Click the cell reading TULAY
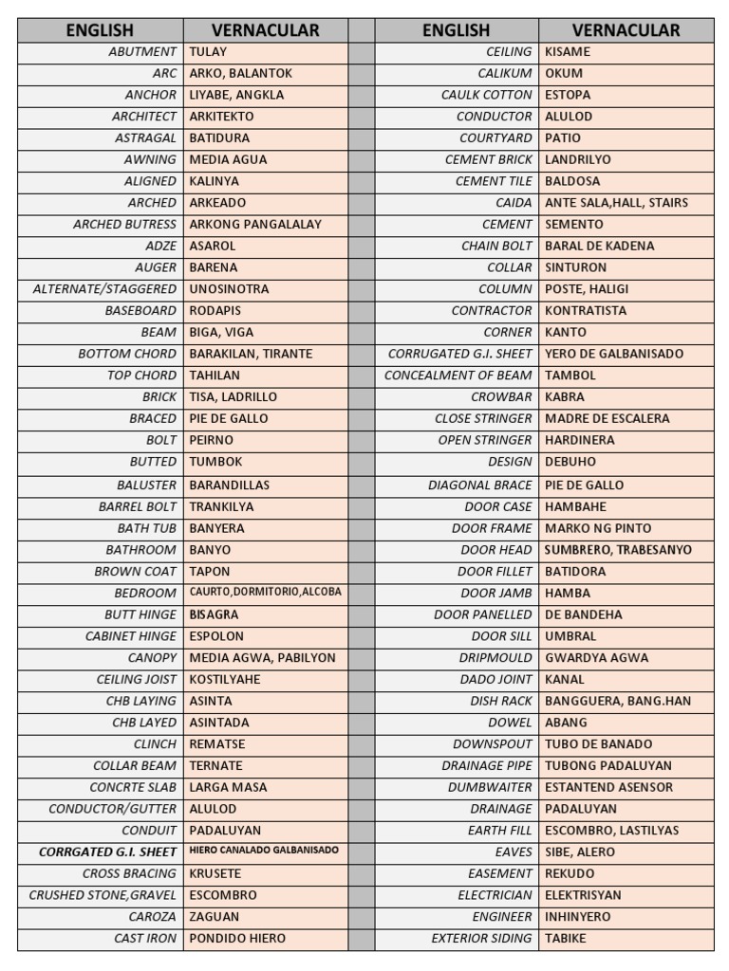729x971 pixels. pyautogui.click(x=209, y=51)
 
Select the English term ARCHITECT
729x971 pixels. pyautogui.click(x=144, y=117)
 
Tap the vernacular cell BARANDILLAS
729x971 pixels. pyautogui.click(x=230, y=485)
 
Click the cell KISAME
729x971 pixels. pyautogui.click(x=568, y=51)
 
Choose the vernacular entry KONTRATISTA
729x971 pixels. pyautogui.click(x=586, y=311)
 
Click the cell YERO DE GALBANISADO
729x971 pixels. pyautogui.click(x=614, y=354)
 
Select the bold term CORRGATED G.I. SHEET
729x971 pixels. pyautogui.click(x=107, y=852)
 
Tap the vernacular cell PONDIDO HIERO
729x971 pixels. pyautogui.click(x=237, y=939)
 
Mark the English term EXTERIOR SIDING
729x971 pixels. pyautogui.click(x=481, y=939)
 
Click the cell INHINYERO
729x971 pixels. pyautogui.click(x=578, y=917)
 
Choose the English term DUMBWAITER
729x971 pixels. pyautogui.click(x=491, y=787)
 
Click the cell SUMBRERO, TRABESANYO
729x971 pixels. pyautogui.click(x=618, y=550)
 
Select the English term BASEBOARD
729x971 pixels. pyautogui.click(x=140, y=311)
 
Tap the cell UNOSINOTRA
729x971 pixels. pyautogui.click(x=229, y=289)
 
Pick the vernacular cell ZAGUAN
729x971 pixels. pyautogui.click(x=215, y=917)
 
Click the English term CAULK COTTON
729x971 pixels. pyautogui.click(x=487, y=95)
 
